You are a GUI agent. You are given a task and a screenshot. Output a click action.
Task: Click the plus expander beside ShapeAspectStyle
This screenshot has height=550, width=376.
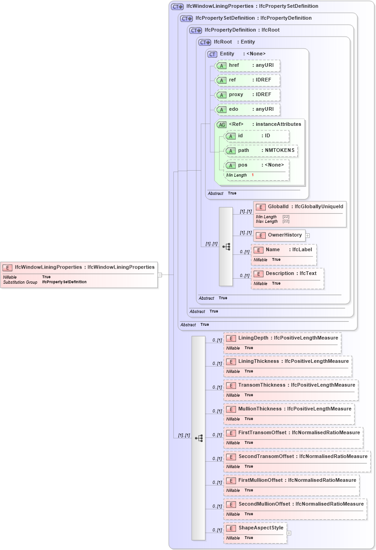(x=289, y=533)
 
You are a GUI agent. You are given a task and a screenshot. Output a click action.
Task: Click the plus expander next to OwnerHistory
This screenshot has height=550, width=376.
(x=307, y=236)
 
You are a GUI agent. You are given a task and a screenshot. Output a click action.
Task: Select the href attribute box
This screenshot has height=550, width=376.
(x=247, y=65)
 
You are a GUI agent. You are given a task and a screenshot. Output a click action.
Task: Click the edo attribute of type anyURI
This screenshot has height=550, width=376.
(x=247, y=109)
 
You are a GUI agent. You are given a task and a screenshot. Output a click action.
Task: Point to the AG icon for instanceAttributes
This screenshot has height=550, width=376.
(x=221, y=124)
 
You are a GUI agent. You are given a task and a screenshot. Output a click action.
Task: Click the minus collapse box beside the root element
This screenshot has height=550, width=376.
(x=160, y=275)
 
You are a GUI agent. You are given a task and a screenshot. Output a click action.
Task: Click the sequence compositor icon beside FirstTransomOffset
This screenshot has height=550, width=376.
(x=199, y=438)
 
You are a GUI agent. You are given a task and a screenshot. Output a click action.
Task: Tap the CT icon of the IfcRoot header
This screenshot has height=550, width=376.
(x=204, y=42)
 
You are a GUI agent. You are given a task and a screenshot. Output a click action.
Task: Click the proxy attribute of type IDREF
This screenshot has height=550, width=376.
(x=247, y=95)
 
